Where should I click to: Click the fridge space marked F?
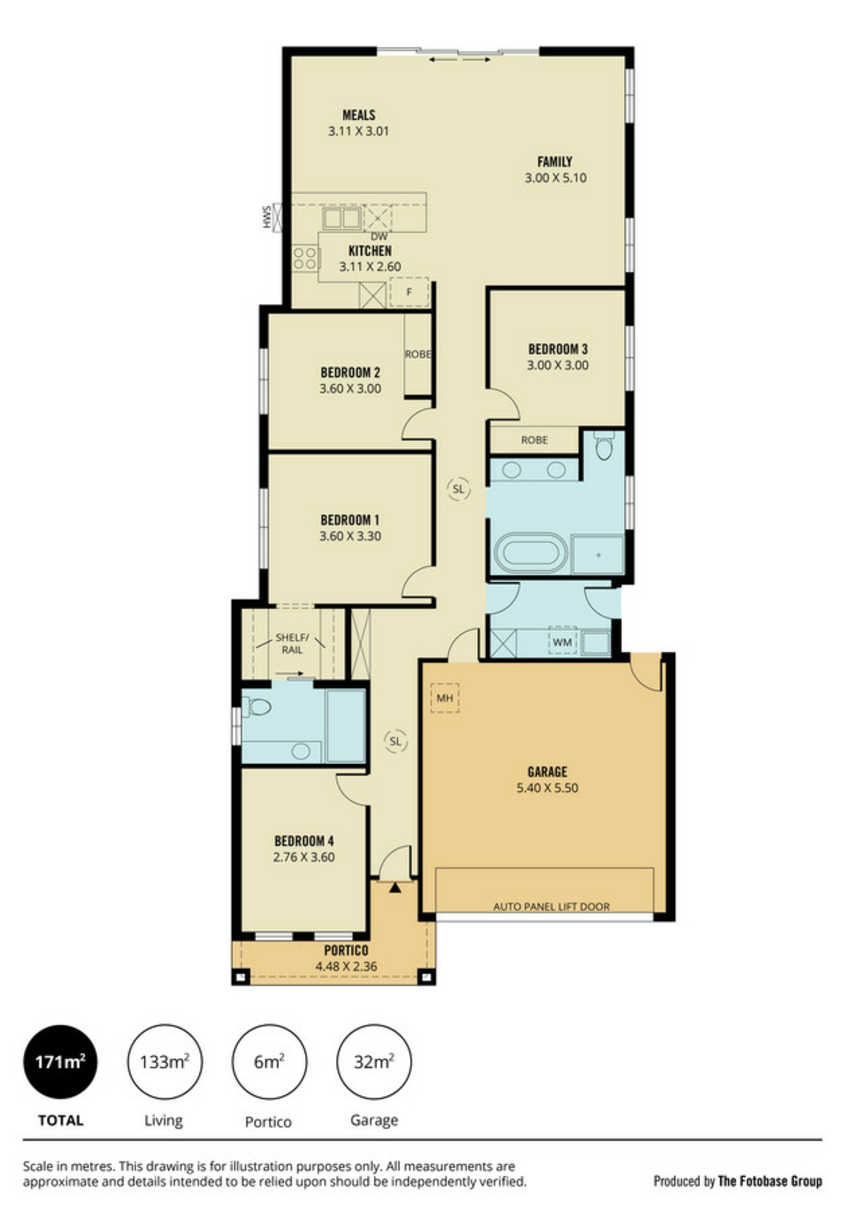click(409, 292)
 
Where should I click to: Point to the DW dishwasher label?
click(379, 237)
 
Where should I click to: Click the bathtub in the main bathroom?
click(531, 553)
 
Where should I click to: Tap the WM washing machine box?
click(562, 642)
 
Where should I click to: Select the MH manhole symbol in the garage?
click(445, 698)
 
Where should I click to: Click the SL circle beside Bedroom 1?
click(458, 489)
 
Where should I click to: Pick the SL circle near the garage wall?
click(395, 741)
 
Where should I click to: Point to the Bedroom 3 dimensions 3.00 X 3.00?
click(558, 365)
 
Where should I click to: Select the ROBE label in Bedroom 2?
click(418, 354)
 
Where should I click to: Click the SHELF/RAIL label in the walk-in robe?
click(292, 644)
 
